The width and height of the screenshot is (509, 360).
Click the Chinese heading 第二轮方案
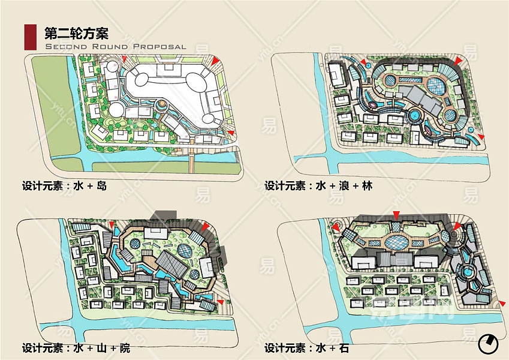[x=76, y=32]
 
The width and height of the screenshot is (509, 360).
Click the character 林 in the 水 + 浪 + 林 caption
[x=367, y=186]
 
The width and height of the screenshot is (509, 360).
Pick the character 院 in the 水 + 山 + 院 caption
[x=124, y=348]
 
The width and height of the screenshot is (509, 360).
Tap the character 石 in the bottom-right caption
[x=343, y=348]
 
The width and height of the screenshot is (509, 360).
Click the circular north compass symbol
[x=489, y=344]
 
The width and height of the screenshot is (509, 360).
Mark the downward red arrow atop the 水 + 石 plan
[x=396, y=215]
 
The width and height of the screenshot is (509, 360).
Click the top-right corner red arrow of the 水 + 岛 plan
[x=214, y=61]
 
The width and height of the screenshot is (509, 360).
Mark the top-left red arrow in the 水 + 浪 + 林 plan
[x=363, y=64]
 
